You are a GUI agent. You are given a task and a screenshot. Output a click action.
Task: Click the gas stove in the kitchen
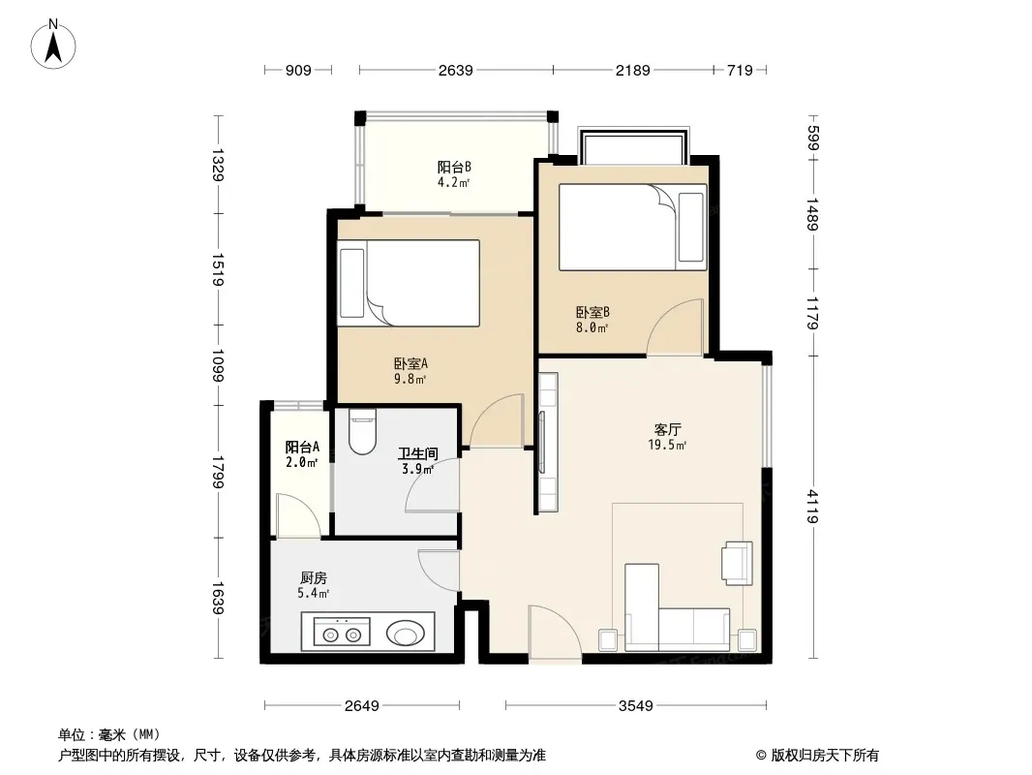coord(342,634)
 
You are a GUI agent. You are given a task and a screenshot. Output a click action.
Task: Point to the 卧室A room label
coord(410,363)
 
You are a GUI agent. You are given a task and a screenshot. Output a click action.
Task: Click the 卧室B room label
coord(592,312)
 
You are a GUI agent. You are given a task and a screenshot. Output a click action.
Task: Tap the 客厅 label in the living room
coord(667,430)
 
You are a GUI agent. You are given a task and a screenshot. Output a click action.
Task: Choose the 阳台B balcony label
coord(454,167)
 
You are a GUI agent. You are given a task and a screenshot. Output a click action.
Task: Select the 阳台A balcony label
coord(302,448)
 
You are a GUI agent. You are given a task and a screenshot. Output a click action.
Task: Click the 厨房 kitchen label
coord(314,578)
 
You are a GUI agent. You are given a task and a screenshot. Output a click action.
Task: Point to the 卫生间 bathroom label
coord(418,453)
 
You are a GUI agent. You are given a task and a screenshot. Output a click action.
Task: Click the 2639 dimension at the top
coord(455,70)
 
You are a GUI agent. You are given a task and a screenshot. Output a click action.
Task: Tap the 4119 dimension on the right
coord(813,506)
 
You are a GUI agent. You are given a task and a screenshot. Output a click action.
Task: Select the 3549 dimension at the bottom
coord(636,706)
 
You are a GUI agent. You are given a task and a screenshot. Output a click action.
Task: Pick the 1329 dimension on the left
coord(219,165)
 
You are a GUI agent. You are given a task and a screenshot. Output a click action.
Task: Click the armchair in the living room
coord(737,563)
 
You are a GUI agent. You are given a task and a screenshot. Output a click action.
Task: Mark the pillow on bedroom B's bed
coord(691,227)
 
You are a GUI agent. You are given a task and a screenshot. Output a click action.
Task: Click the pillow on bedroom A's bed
coord(352,283)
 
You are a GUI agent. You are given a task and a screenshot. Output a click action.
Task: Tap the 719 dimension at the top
coord(740,70)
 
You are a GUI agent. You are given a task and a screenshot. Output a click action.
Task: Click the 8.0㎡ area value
coord(592,327)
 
